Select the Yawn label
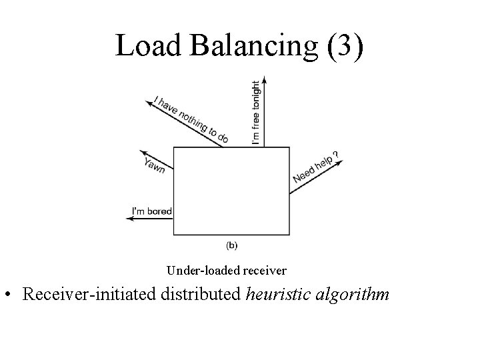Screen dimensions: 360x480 click(155, 163)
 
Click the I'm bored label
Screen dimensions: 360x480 click(151, 211)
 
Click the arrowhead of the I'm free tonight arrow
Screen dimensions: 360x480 click(265, 79)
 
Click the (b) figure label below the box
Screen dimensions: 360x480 click(231, 245)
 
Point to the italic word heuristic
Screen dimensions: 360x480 click(277, 295)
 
